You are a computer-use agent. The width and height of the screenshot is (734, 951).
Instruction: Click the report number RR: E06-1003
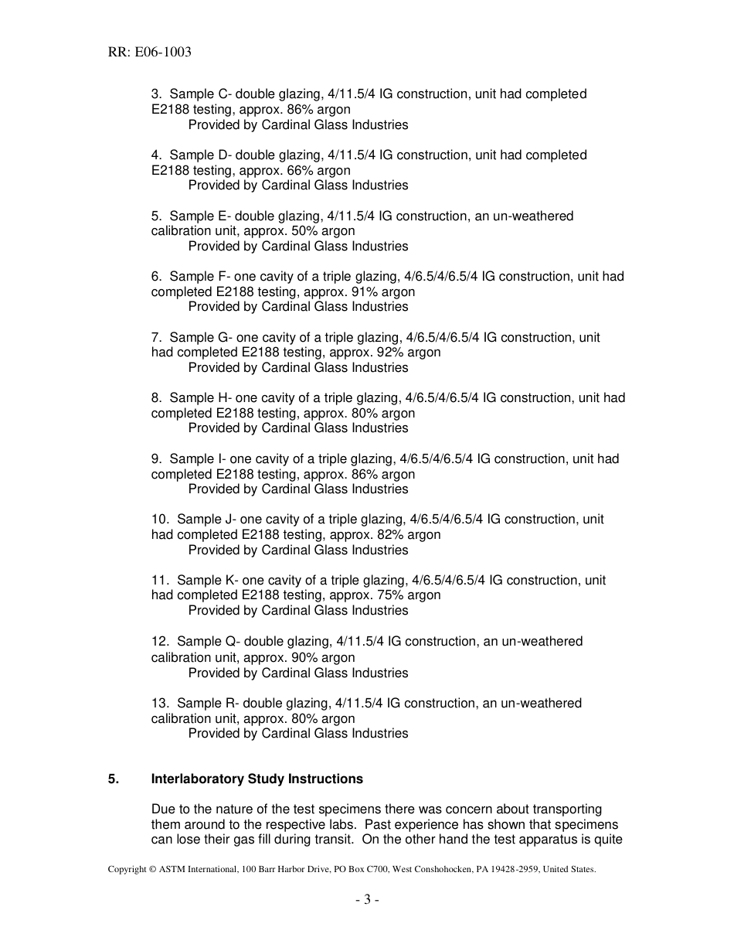click(x=149, y=53)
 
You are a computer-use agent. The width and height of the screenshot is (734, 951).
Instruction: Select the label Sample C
click(x=199, y=94)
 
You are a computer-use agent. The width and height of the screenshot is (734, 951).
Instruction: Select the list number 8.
click(x=156, y=398)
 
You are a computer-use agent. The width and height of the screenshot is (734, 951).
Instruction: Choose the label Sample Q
click(x=206, y=642)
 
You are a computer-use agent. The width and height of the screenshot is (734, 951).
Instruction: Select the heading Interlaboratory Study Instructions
click(x=257, y=779)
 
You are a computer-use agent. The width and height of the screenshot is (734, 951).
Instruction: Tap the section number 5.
click(x=114, y=779)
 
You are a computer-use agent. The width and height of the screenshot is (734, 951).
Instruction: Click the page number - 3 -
click(x=367, y=899)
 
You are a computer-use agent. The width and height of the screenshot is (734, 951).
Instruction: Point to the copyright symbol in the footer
click(x=151, y=869)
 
